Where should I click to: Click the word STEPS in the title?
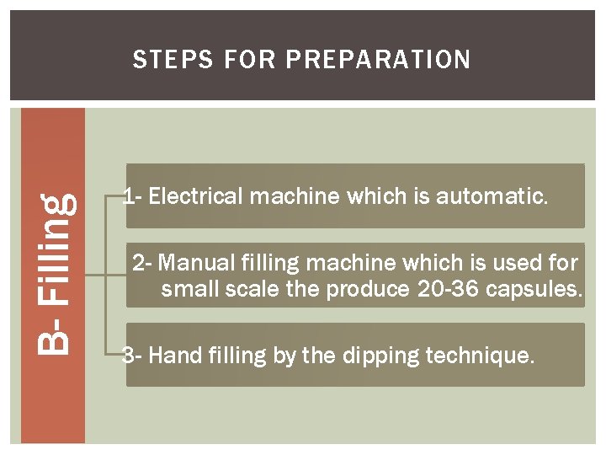click(x=173, y=59)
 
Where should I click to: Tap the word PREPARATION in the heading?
click(x=378, y=59)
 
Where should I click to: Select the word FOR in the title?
click(x=249, y=59)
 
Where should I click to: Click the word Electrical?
click(x=195, y=195)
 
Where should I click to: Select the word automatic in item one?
click(x=492, y=195)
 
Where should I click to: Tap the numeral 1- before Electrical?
click(x=133, y=195)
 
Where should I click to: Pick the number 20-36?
click(x=448, y=289)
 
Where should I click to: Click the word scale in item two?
click(x=252, y=289)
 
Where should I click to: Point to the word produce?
click(x=368, y=290)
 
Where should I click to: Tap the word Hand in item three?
click(x=175, y=355)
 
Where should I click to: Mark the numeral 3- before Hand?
click(x=132, y=355)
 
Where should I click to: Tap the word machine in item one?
click(x=294, y=195)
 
